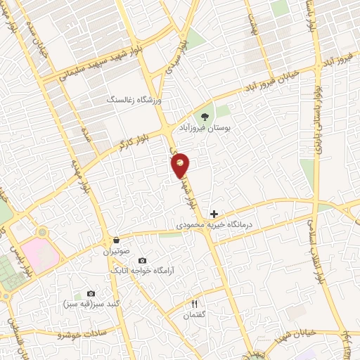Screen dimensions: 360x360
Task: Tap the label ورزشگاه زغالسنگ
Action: [x=134, y=101]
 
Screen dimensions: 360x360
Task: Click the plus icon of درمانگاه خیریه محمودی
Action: [x=214, y=214]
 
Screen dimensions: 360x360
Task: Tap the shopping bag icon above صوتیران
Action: [x=114, y=240]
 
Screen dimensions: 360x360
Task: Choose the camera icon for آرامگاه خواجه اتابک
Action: [x=142, y=261]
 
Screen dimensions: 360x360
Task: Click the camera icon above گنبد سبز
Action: [x=91, y=293]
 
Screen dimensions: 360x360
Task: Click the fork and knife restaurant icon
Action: [x=195, y=304]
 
